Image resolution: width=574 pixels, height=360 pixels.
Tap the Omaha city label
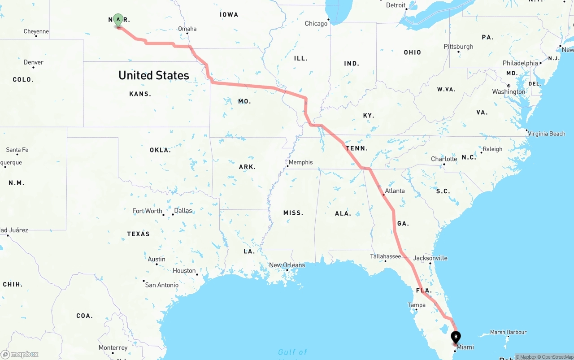187,29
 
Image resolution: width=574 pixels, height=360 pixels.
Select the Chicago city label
316,23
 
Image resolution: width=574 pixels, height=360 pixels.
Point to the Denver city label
34,62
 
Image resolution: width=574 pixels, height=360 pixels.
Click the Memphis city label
300,162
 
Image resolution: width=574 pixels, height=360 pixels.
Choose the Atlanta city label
395,191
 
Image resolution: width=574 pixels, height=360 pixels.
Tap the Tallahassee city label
385,256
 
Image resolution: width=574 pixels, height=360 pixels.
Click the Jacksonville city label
430,258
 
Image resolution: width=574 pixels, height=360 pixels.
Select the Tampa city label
416,305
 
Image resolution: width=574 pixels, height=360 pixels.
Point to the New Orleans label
287,265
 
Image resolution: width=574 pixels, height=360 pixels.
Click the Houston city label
184,271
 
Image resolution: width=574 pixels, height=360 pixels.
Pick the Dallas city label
183,211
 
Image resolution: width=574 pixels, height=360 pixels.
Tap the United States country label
154,75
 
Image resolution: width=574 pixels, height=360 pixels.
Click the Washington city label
509,92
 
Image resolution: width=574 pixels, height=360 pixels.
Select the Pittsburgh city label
458,47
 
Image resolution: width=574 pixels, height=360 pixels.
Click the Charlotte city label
444,159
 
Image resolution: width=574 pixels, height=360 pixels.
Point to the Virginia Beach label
547,134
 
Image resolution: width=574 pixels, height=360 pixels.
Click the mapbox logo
20,354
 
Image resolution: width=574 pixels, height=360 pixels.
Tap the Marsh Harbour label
508,332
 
